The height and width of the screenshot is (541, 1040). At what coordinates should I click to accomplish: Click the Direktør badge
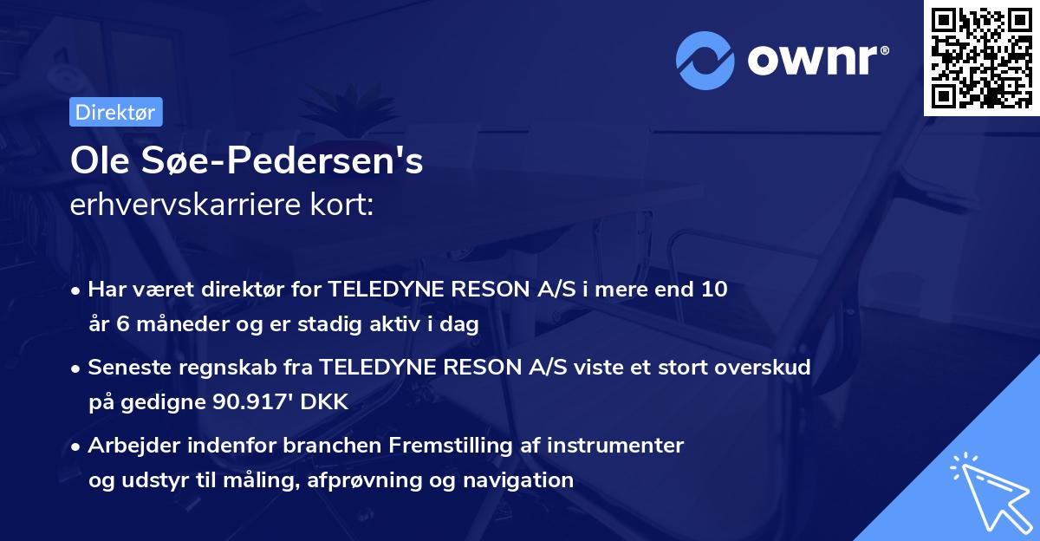[115, 112]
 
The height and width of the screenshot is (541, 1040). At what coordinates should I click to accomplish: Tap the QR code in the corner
[981, 57]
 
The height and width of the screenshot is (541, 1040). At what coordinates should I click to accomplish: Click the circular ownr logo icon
[705, 61]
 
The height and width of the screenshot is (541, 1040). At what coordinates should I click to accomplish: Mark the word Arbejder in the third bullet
[129, 445]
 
